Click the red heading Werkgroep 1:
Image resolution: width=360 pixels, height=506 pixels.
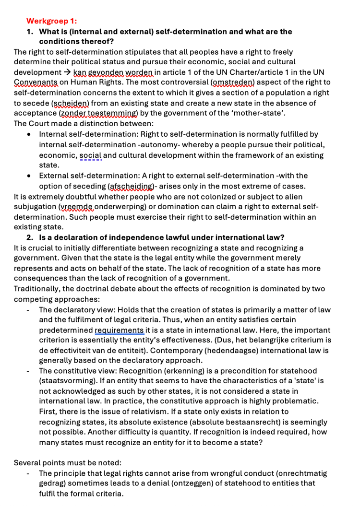[51, 21]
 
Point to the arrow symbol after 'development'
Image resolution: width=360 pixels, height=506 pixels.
[67, 72]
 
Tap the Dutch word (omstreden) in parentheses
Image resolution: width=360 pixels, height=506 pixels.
[232, 82]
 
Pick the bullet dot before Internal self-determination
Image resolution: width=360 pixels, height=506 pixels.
[30, 134]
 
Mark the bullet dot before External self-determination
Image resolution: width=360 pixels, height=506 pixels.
[30, 176]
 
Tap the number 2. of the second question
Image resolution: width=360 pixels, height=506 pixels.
[30, 237]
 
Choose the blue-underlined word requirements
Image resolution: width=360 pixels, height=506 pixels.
[120, 330]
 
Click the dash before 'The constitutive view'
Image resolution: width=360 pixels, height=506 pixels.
[29, 371]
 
